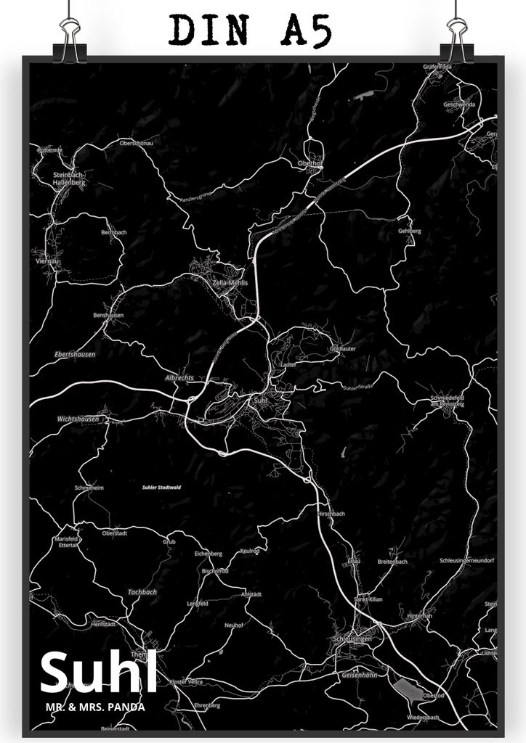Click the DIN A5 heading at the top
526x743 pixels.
pos(249,30)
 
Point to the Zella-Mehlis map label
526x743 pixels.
pos(230,282)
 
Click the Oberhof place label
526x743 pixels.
pos(310,163)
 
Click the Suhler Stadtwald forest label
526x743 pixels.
pos(161,488)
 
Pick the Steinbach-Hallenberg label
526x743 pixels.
pos(69,179)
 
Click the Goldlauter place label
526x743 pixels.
pos(342,349)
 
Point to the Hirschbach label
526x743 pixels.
pos(331,513)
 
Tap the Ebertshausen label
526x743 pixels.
pos(75,354)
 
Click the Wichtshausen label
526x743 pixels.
pos(78,419)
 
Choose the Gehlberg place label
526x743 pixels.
pos(409,231)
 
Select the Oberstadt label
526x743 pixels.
pos(115,532)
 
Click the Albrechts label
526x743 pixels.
pos(179,379)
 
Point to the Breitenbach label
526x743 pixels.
pos(392,562)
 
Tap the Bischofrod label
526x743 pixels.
pos(215,570)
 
